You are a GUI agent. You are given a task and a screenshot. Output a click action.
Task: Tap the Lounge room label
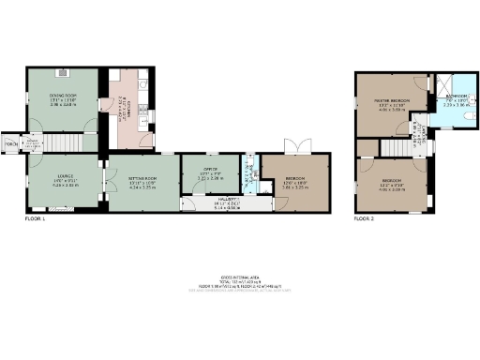pyautogui.click(x=63, y=181)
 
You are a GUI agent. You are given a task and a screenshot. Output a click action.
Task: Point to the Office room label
pyautogui.click(x=210, y=172)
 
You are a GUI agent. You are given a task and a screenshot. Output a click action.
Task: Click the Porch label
pyautogui.click(x=10, y=144)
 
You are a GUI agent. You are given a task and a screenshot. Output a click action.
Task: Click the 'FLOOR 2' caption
pyautogui.click(x=364, y=219)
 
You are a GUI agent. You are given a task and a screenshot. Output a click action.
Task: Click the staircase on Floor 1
pyautogui.click(x=60, y=143)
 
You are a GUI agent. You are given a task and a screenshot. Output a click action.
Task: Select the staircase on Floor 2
pyautogui.click(x=392, y=148)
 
